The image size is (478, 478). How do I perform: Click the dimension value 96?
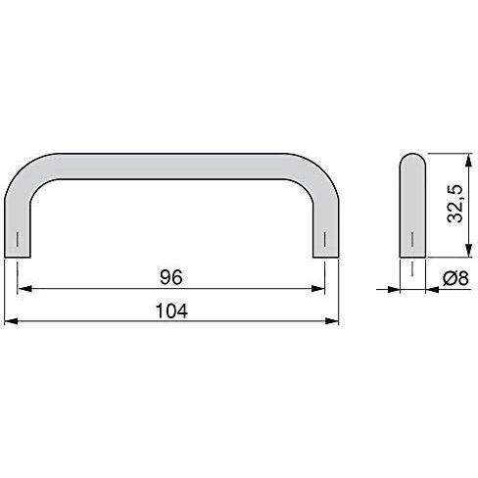(x=171, y=277)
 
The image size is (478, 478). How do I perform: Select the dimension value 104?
(x=171, y=311)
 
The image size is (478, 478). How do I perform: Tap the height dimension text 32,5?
(x=454, y=204)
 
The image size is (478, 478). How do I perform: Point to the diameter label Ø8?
(x=455, y=278)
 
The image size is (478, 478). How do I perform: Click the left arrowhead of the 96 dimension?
(x=24, y=289)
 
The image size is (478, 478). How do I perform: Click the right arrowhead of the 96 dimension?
(x=318, y=289)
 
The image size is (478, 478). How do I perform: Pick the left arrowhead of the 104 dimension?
(x=12, y=321)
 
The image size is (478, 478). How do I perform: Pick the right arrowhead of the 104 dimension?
(x=332, y=321)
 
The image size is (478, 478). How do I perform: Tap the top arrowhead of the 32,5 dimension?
(x=469, y=161)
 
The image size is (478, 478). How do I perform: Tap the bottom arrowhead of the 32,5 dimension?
(x=469, y=250)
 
